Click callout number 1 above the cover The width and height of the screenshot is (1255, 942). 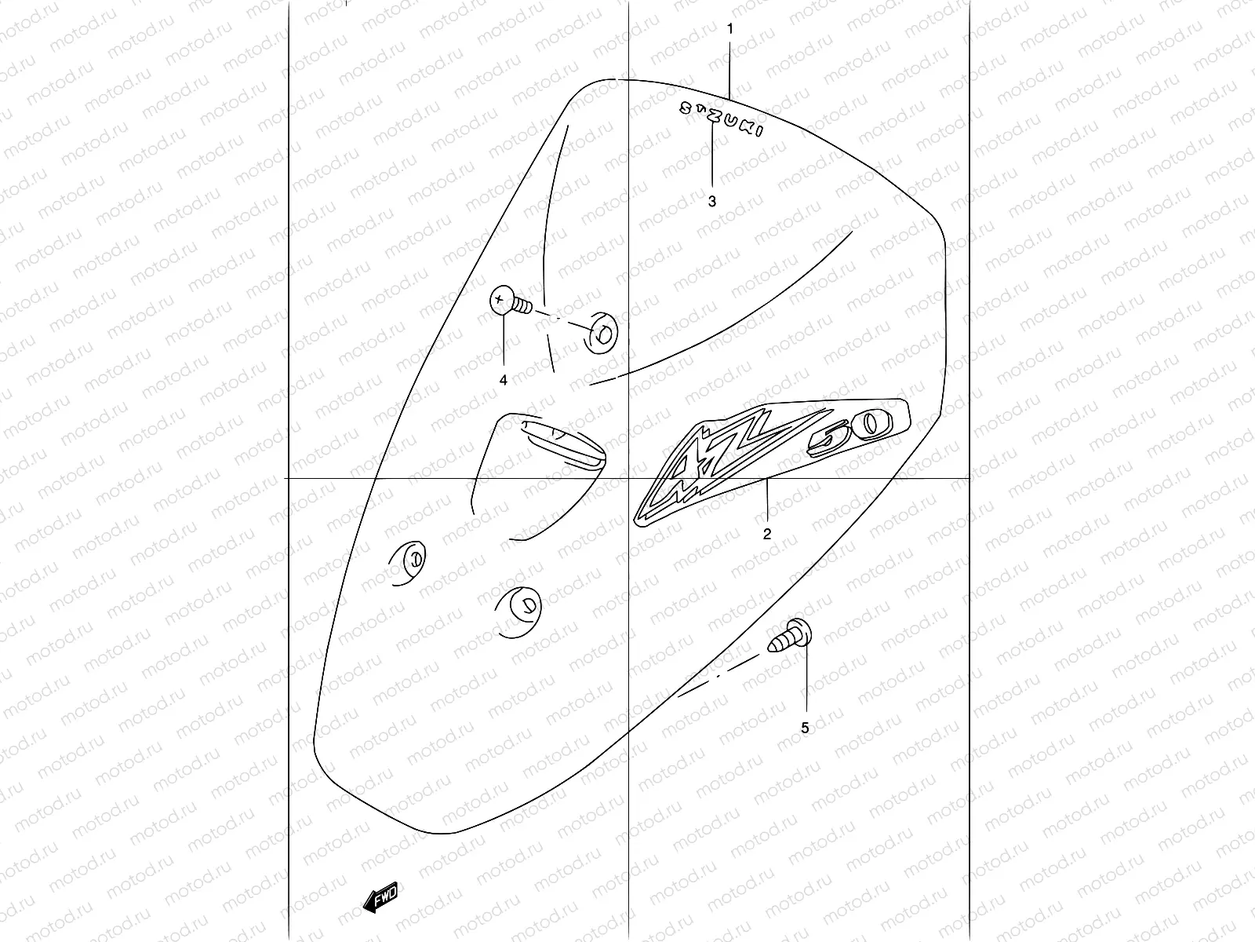tap(729, 29)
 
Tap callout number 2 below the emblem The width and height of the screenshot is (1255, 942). tap(766, 534)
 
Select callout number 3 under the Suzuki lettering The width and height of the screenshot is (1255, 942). tap(711, 202)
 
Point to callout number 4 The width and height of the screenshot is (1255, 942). tap(503, 380)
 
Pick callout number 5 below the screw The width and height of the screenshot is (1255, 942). tap(805, 728)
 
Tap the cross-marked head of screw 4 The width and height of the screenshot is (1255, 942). tap(500, 301)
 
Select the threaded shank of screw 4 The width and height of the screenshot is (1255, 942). tap(523, 305)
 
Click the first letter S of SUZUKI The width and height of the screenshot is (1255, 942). tap(684, 109)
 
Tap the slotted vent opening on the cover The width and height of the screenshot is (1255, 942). tap(562, 444)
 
